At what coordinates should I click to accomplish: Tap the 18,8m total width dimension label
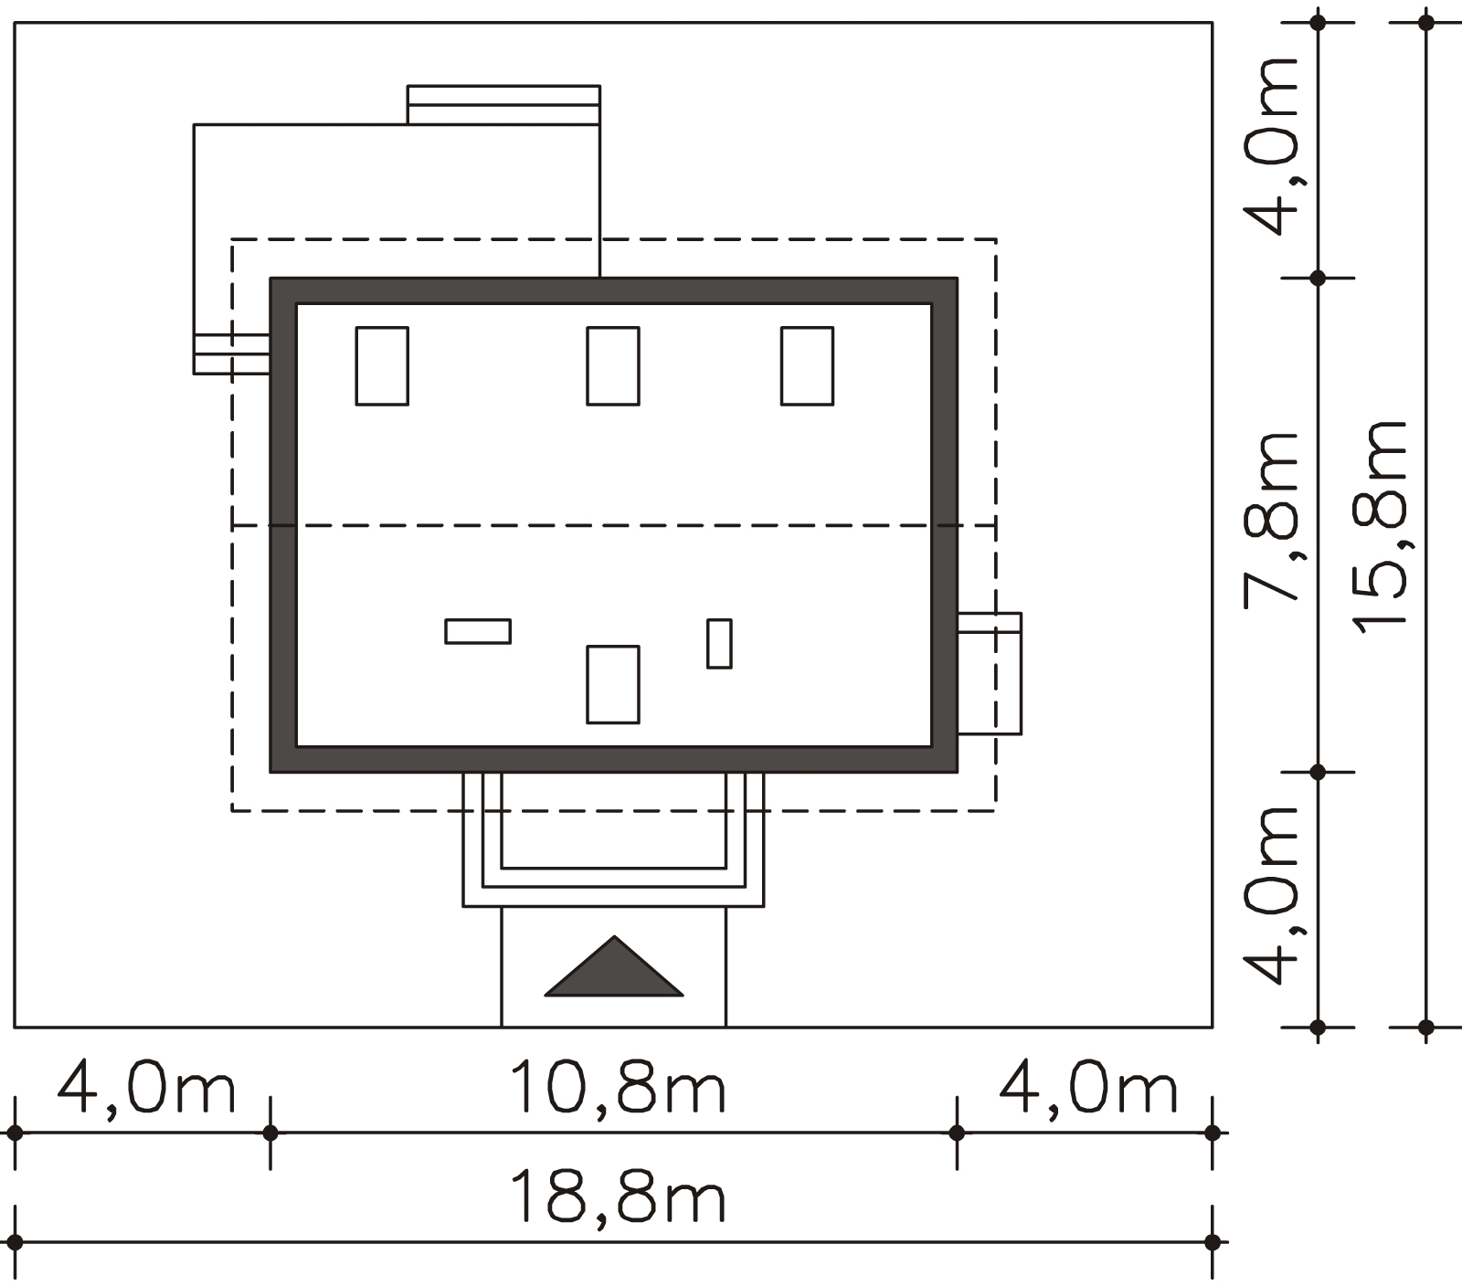(x=617, y=1197)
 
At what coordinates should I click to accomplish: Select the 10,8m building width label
(x=617, y=1087)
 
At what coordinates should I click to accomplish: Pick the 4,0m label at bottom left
(x=146, y=1087)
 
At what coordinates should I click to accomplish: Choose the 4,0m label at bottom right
(x=1087, y=1087)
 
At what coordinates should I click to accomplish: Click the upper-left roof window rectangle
(x=382, y=365)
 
